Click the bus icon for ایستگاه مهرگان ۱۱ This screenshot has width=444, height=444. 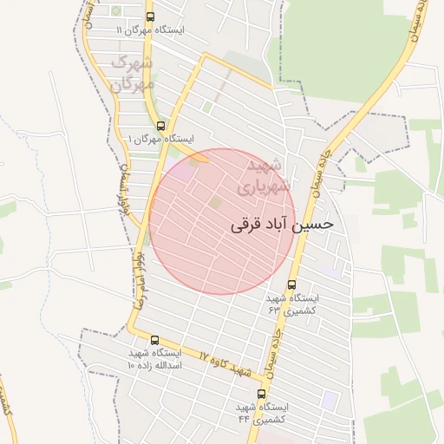click(x=151, y=16)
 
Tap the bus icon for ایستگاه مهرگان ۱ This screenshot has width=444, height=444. click(x=160, y=126)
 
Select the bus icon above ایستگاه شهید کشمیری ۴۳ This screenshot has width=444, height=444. click(x=291, y=284)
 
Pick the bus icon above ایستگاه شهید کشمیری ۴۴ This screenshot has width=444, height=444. click(x=262, y=394)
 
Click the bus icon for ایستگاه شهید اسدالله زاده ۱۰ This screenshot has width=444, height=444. click(x=154, y=341)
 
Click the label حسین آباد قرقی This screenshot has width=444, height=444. click(x=282, y=225)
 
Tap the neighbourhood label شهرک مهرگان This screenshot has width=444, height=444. click(x=132, y=74)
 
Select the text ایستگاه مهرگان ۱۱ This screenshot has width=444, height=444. click(x=150, y=29)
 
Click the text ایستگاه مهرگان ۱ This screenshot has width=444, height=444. click(x=160, y=139)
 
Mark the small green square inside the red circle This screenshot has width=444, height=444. click(x=214, y=202)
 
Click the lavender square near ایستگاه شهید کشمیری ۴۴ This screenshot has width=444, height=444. click(x=329, y=399)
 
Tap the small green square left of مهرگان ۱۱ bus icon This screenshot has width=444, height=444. click(x=117, y=11)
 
